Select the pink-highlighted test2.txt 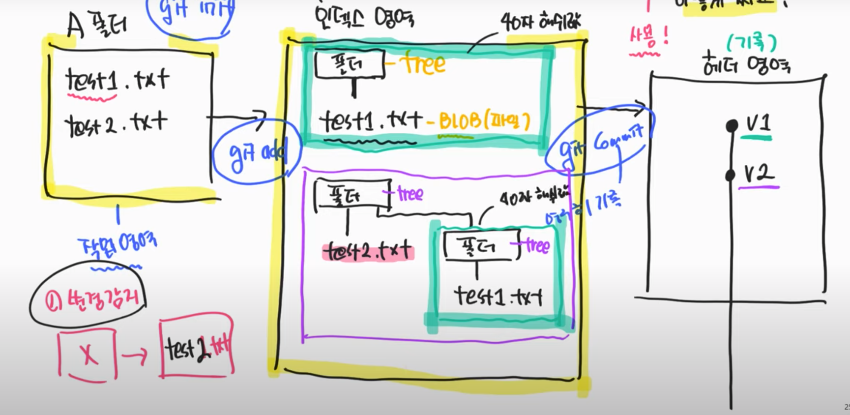click(x=368, y=252)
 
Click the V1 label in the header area click(x=758, y=124)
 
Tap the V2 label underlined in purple click(x=759, y=173)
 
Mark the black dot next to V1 click(x=732, y=126)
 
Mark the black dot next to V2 click(x=731, y=175)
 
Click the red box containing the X click(x=88, y=355)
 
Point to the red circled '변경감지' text click(x=89, y=300)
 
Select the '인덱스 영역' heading click(x=364, y=18)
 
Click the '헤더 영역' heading click(x=746, y=64)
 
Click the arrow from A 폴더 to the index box click(x=236, y=118)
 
